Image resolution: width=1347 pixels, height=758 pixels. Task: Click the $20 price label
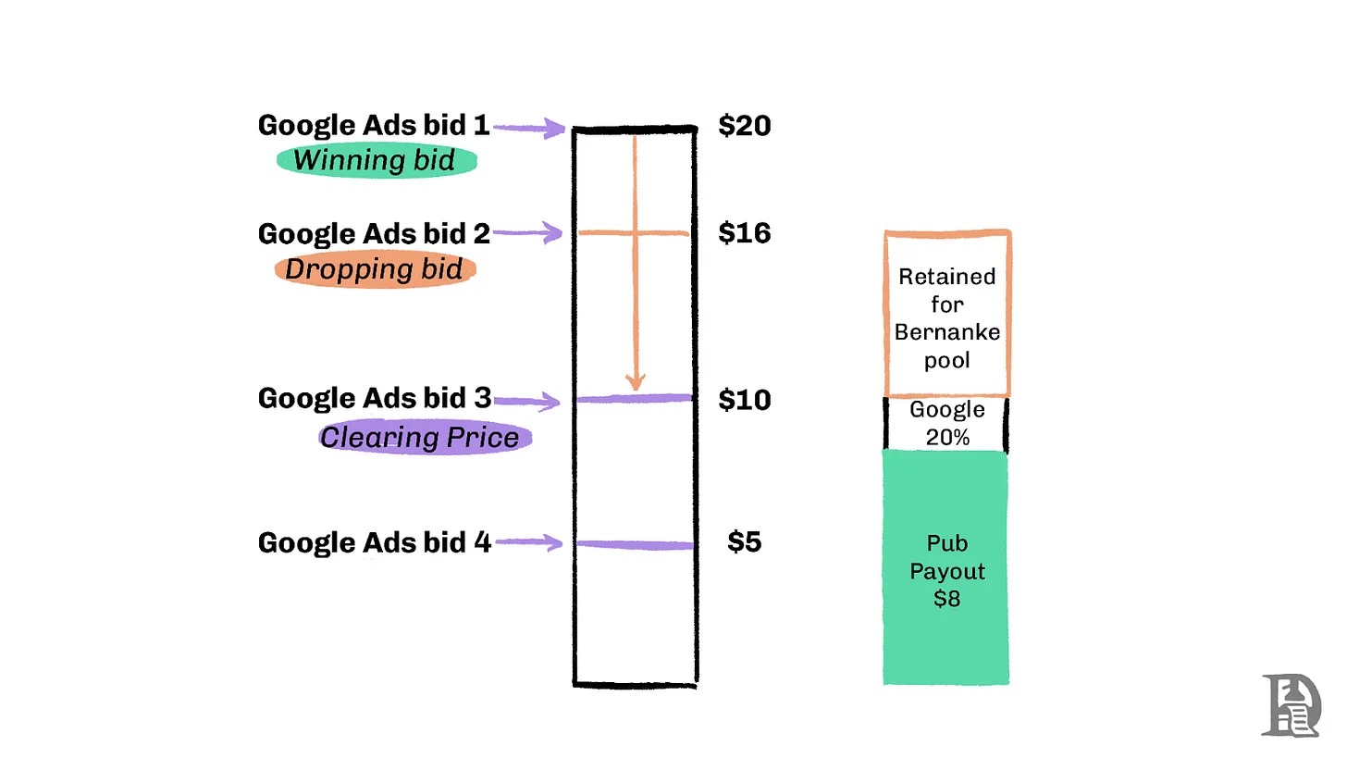[744, 125]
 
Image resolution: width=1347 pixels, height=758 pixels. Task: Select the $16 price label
[744, 232]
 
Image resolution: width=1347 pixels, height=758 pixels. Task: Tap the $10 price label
[744, 400]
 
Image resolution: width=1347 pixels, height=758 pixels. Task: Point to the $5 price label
[744, 542]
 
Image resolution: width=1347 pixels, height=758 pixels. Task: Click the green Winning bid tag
[376, 161]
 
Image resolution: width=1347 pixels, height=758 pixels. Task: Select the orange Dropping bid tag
[375, 269]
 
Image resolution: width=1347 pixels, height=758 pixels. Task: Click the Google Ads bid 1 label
[373, 125]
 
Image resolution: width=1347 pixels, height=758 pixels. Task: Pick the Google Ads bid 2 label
[373, 233]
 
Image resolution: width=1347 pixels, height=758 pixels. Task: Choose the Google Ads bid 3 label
[374, 398]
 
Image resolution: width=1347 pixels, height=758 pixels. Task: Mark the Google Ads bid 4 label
[374, 542]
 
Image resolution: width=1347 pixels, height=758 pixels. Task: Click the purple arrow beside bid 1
[530, 129]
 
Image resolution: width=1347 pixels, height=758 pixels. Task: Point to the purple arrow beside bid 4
[530, 543]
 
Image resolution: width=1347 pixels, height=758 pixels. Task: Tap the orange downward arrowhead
[635, 381]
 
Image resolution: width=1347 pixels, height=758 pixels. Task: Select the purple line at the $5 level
[635, 545]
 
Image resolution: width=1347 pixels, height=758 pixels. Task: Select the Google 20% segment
[946, 424]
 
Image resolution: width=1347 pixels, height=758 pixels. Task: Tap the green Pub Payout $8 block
[946, 569]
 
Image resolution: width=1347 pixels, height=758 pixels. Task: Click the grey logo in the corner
[1290, 706]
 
